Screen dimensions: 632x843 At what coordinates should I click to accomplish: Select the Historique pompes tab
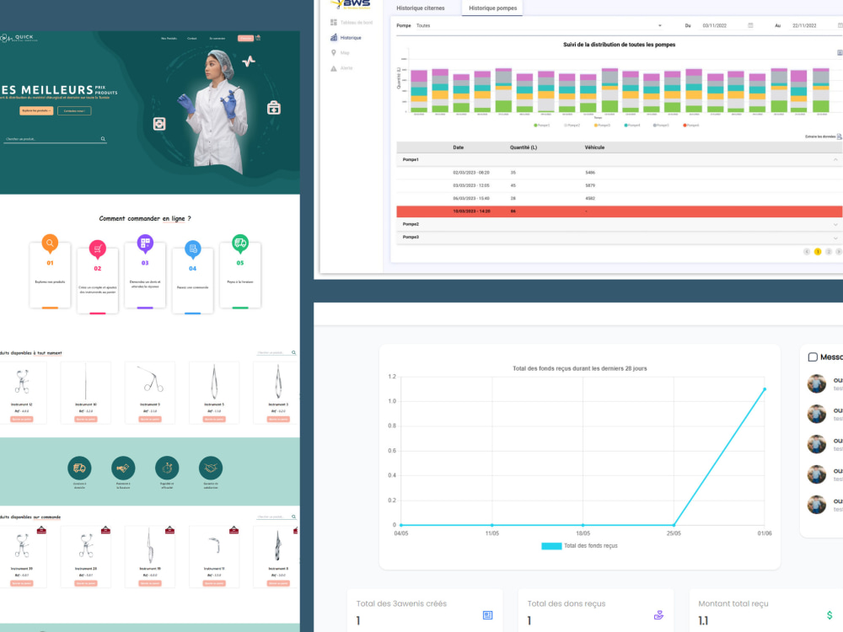[x=493, y=8]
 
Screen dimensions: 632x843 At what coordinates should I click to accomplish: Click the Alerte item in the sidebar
[x=346, y=67]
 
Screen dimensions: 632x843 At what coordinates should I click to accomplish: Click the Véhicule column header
[x=594, y=147]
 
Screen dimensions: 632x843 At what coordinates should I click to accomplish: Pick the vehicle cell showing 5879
[x=590, y=185]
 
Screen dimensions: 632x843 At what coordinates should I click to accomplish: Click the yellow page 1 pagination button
[x=818, y=251]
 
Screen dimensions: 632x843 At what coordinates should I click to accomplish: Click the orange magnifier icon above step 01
[x=50, y=244]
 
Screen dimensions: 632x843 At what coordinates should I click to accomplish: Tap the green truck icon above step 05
[x=240, y=244]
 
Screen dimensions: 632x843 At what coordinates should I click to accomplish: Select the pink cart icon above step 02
[x=98, y=249]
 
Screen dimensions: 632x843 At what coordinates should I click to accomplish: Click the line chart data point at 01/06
[x=765, y=388]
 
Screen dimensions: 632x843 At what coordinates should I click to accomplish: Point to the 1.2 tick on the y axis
[x=391, y=376]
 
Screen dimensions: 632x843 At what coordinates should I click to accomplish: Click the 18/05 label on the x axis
[x=583, y=533]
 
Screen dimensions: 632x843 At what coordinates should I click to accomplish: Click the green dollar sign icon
[x=830, y=616]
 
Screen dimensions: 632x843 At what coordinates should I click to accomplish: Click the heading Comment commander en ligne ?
[x=145, y=218]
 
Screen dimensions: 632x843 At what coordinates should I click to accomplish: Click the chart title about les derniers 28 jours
[x=580, y=368]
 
